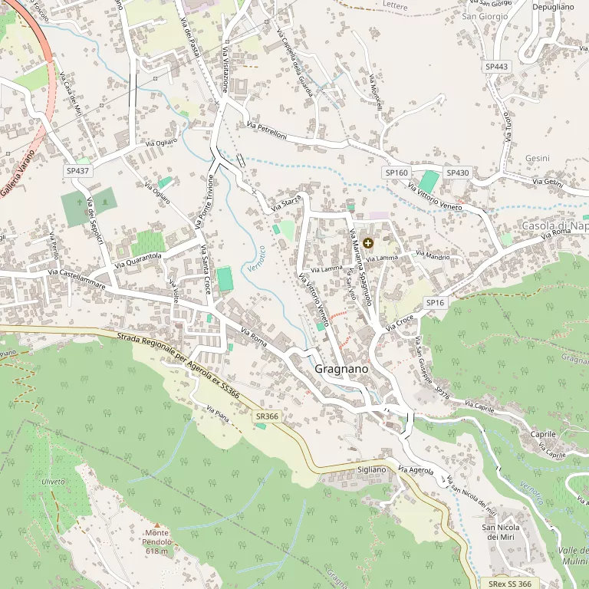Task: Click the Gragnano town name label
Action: (341, 369)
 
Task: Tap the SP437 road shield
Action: (78, 171)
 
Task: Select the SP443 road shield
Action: (496, 67)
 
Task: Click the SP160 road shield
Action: (397, 173)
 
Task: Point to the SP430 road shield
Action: (457, 173)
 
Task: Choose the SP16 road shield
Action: (436, 303)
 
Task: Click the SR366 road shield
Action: (267, 416)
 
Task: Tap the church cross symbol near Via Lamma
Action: (368, 243)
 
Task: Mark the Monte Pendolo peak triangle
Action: (156, 525)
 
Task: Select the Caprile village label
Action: (543, 434)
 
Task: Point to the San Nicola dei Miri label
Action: (500, 532)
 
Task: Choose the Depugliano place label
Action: (553, 7)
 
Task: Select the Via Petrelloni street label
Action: (267, 130)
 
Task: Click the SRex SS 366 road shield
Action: (510, 584)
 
